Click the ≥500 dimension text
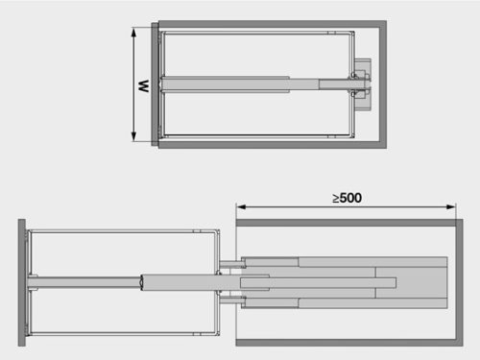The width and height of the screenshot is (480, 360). [347, 198]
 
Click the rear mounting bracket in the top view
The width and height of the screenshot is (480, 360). [362, 83]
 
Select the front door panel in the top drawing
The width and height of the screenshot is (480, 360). [155, 85]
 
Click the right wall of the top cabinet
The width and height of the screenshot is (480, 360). [382, 84]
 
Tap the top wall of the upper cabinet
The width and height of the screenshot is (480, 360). [272, 24]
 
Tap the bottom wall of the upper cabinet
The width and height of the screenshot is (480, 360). [272, 145]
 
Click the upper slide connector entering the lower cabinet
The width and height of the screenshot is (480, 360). [230, 262]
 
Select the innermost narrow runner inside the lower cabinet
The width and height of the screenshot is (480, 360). [317, 281]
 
